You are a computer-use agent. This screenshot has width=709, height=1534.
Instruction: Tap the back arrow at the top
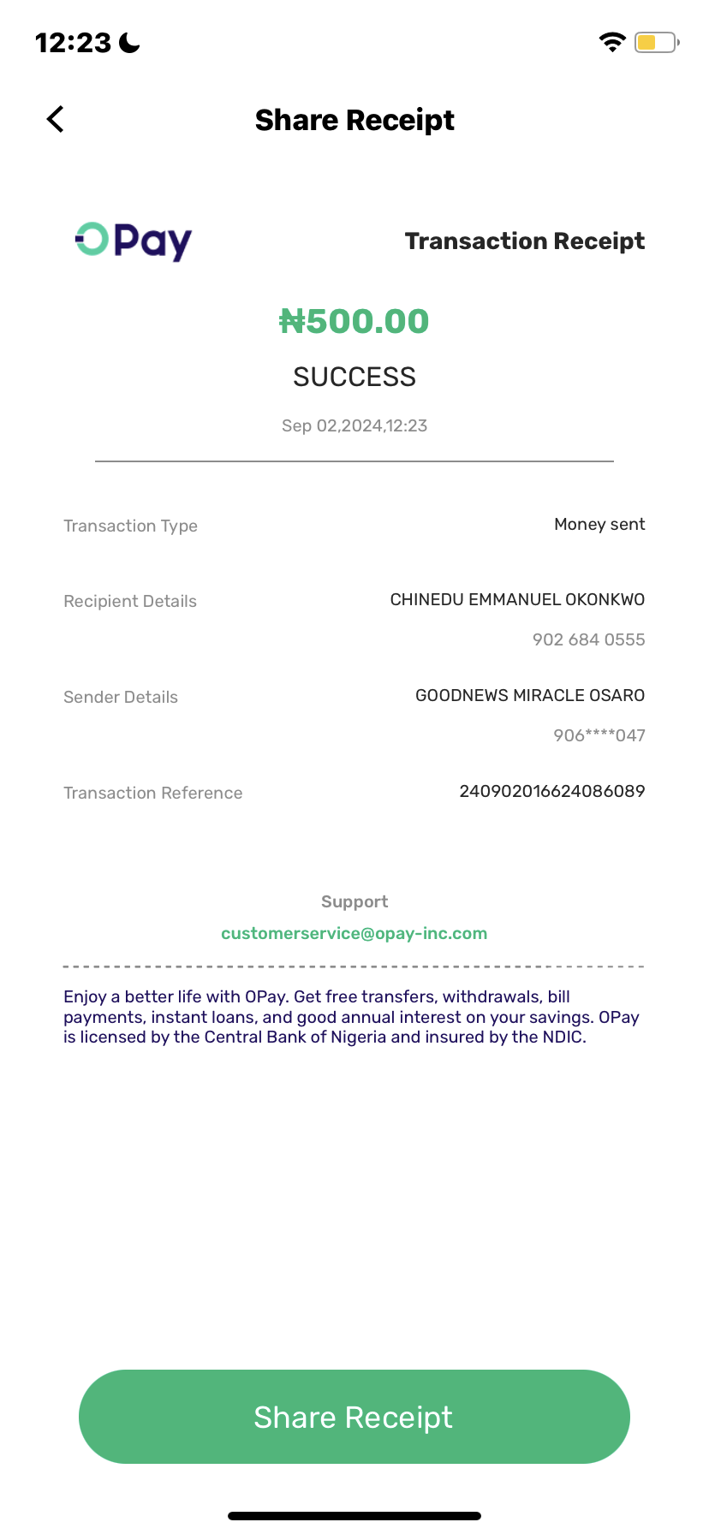coord(56,120)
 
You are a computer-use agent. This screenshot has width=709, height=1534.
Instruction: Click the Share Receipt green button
coord(354,1417)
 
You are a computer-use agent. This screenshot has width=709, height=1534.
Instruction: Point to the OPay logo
coord(134,241)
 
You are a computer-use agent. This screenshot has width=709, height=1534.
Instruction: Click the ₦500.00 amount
coord(354,322)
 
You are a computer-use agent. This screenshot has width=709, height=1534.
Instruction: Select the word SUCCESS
coord(354,377)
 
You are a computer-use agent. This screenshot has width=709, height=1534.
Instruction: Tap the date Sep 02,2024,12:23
coord(354,425)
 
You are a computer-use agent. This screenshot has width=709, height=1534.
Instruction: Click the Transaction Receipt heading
coord(524,241)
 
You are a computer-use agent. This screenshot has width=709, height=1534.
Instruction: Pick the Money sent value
coord(599,524)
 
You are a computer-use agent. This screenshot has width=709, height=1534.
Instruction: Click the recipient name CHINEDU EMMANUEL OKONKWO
coord(517,599)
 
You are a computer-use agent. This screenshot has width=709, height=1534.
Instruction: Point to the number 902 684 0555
coord(588,639)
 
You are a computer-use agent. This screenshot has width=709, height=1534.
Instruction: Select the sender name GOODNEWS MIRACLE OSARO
coord(530,695)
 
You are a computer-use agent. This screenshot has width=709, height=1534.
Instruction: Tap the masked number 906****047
coord(599,735)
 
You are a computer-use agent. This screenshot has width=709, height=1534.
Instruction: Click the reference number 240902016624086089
coord(551,791)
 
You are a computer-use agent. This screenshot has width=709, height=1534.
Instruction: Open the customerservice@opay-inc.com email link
coord(354,933)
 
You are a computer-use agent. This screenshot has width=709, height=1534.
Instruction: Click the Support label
coord(354,901)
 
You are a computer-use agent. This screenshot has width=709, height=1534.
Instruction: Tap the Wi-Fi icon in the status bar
coord(612,42)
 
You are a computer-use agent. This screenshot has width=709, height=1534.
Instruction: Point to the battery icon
coord(656,42)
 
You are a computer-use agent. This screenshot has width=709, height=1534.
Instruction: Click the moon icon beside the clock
coord(129,42)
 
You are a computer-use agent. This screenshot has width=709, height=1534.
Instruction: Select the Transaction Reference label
coord(152,793)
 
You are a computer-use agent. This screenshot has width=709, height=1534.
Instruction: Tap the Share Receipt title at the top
coord(354,120)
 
